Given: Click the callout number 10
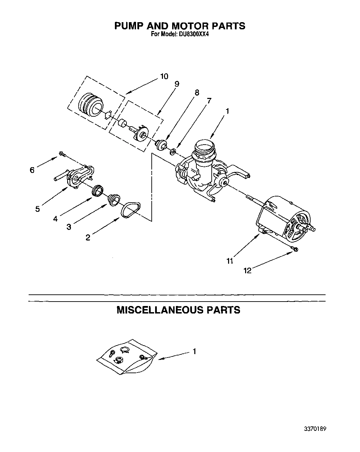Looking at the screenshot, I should tap(164, 76).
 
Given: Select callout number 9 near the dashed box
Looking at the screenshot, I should tap(177, 84).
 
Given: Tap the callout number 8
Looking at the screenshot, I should tap(197, 92).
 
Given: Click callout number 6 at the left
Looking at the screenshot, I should tap(32, 170).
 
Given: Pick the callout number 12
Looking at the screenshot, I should tap(247, 271).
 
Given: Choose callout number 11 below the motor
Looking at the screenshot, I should tap(230, 261).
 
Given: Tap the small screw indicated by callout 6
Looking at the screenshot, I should tap(62, 154).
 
